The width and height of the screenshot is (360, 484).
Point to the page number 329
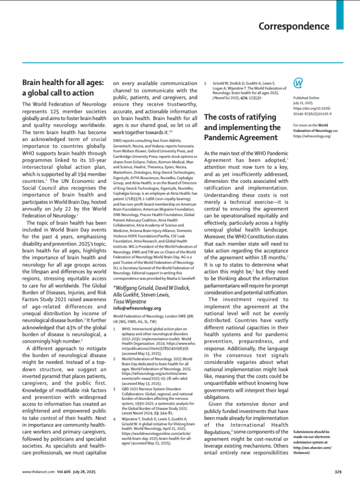[337, 472]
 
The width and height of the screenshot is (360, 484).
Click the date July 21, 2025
[304, 103]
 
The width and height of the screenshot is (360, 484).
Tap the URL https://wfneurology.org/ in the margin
[312, 136]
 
